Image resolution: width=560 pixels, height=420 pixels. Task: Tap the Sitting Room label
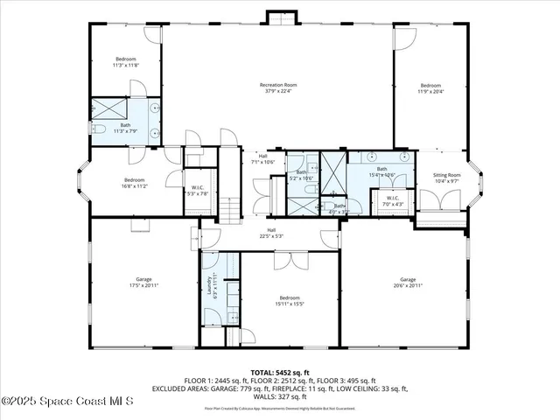click(x=447, y=178)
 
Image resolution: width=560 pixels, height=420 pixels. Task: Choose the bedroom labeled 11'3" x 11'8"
click(x=125, y=62)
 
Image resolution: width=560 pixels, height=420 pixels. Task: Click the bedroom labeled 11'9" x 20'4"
click(x=430, y=87)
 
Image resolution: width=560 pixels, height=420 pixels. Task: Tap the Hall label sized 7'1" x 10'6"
click(x=262, y=159)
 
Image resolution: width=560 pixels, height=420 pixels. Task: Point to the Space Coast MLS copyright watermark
click(x=67, y=401)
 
